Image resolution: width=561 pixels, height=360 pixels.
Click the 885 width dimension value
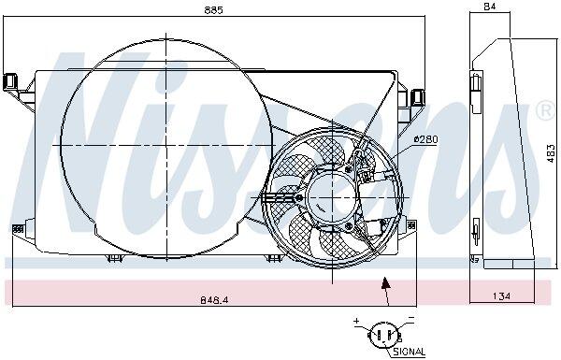213,9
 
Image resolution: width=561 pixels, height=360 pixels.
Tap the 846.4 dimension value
214,299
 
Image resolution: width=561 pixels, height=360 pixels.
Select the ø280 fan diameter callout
425,139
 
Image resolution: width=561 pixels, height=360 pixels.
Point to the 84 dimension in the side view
489,7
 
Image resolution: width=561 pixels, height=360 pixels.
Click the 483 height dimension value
552,153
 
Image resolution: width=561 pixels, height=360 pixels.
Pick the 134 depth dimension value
501,296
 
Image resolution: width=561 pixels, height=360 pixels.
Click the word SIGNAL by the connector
409,352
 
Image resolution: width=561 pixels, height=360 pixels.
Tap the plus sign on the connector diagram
356,321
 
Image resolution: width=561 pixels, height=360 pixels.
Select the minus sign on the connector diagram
411,317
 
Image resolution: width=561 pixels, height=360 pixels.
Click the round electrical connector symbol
384,336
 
